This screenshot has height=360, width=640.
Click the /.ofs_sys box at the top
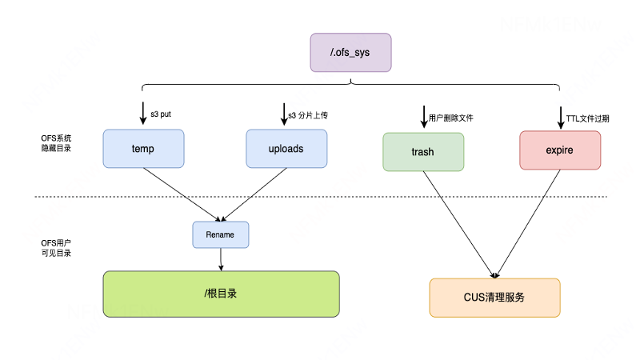[350, 52]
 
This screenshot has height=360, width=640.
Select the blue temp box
[143, 149]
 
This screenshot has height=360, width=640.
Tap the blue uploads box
[286, 149]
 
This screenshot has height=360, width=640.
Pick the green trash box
[423, 152]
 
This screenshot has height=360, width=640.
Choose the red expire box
[559, 150]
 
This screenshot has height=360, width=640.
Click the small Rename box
[220, 234]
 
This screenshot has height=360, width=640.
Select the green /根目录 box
[221, 294]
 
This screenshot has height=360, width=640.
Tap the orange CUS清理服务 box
[494, 298]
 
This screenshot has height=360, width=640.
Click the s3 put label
[162, 115]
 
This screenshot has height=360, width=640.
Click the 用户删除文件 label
[451, 118]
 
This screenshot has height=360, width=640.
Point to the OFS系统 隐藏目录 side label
[56, 142]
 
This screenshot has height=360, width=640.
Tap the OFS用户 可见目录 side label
[56, 247]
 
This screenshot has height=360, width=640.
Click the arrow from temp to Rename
[182, 194]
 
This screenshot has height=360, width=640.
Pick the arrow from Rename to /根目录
[221, 259]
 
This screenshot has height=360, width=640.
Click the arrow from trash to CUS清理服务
[459, 224]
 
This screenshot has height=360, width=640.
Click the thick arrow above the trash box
[423, 115]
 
